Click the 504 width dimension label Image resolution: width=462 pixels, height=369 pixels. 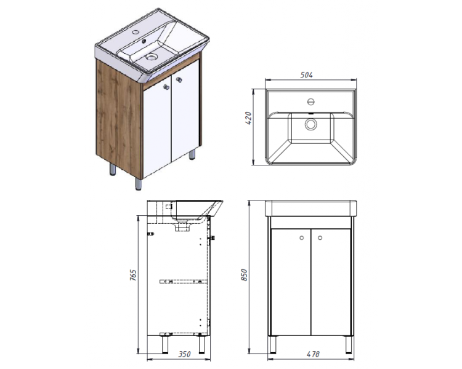[x=306, y=75]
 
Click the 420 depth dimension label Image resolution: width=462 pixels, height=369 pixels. [x=248, y=118]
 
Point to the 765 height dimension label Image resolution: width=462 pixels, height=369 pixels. [x=133, y=275]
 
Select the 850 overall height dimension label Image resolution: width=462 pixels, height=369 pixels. [x=245, y=275]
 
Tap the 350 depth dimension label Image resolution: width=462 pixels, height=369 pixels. [x=184, y=354]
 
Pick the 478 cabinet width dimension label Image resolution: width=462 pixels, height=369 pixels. [x=313, y=354]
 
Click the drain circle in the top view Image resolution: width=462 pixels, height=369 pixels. [x=310, y=124]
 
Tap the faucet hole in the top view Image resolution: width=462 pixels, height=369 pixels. [x=311, y=102]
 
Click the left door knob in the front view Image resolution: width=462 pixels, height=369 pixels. [x=301, y=238]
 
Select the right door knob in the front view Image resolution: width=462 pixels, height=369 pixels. [x=320, y=238]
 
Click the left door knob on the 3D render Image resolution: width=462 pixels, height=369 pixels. [x=166, y=87]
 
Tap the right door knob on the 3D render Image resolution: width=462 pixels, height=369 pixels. [x=179, y=79]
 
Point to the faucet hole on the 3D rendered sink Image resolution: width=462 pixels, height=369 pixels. [x=136, y=31]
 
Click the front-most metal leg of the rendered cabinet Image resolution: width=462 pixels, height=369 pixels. [x=139, y=184]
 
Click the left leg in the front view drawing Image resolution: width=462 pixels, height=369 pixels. [x=273, y=344]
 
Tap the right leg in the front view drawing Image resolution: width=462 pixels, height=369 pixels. [x=349, y=344]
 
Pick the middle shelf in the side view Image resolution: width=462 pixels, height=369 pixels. [x=183, y=282]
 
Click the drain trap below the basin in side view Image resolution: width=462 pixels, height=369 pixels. [x=183, y=226]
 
